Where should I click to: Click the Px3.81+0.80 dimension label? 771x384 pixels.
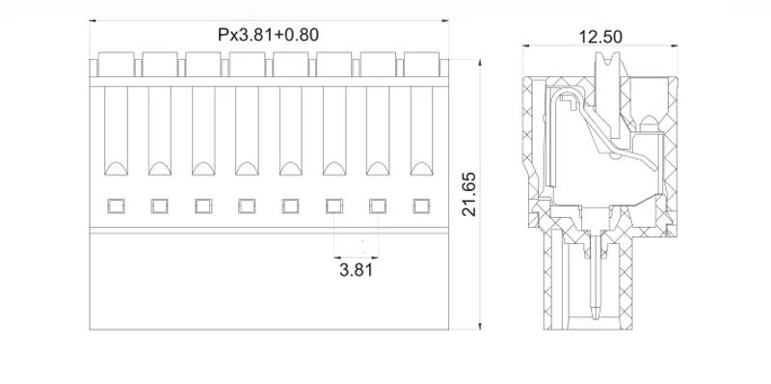click(268, 35)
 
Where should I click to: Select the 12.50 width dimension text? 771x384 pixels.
click(599, 37)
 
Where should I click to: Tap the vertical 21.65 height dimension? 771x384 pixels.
click(469, 196)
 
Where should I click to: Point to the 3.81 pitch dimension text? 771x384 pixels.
click(356, 270)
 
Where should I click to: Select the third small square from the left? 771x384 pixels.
click(203, 205)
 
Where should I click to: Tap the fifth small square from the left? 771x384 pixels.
click(290, 205)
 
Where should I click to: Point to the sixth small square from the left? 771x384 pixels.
click(333, 205)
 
